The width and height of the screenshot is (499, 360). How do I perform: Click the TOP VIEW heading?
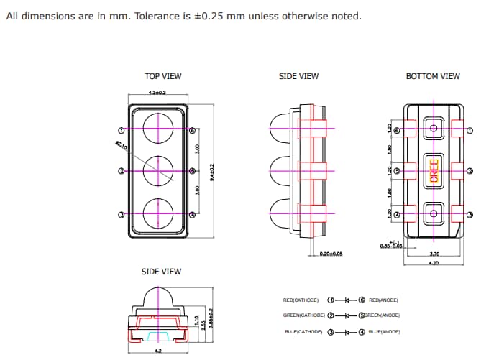tap(163, 76)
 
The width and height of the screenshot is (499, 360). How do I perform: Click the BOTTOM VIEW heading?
tap(433, 76)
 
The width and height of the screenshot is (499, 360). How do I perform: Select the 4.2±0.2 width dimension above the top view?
tap(157, 93)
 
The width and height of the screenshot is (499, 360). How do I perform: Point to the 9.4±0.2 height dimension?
tap(214, 172)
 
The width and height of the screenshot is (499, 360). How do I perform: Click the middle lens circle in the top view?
tap(157, 171)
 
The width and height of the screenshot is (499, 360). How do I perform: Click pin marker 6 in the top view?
tap(193, 131)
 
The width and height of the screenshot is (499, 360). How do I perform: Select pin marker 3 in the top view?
tap(122, 215)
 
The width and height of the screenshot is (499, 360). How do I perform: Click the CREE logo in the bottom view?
tap(434, 171)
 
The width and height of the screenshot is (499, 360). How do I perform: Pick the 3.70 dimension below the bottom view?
tap(434, 254)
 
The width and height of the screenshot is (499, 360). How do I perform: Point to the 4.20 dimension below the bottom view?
tap(434, 263)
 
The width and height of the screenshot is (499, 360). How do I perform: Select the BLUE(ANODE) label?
tap(384, 331)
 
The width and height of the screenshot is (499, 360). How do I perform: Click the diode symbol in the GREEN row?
tap(347, 315)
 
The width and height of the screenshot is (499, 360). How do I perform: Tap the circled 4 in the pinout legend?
tap(362, 331)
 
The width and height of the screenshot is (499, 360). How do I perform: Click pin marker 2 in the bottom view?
tap(470, 171)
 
